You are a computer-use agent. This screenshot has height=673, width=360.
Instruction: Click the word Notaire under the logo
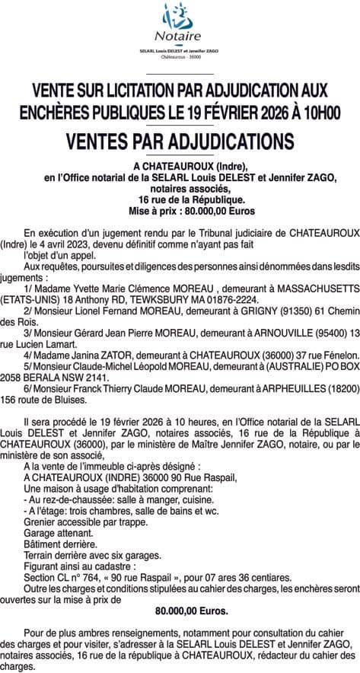(180, 36)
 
